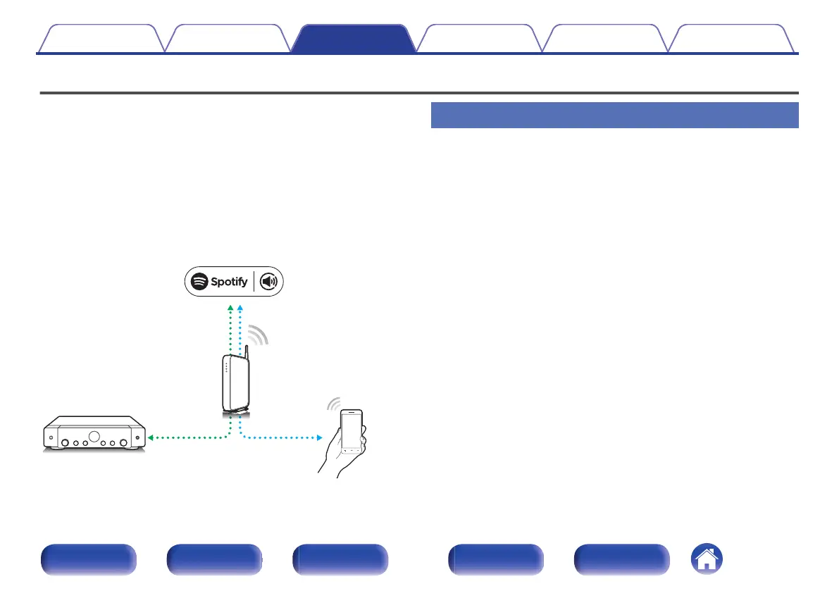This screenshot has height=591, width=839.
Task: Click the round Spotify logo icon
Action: point(199,282)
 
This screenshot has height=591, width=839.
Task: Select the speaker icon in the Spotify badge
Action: point(269,282)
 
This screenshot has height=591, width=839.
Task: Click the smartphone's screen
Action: point(352,430)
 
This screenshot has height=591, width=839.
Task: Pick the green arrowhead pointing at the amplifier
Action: point(151,437)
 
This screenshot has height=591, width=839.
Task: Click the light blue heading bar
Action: point(614,115)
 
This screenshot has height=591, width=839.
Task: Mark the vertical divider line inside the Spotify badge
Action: point(254,282)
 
